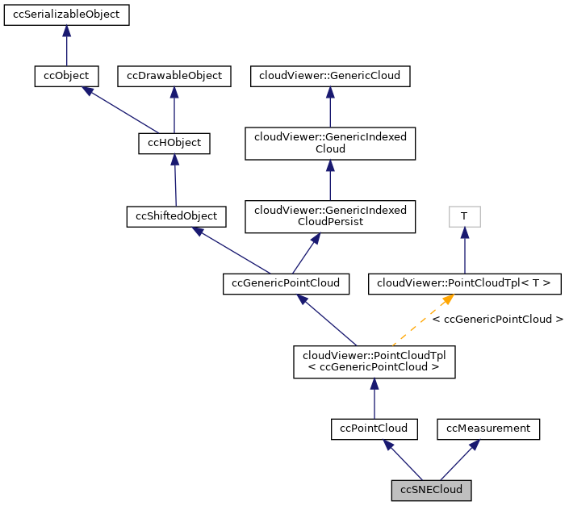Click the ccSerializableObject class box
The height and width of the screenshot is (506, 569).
66,15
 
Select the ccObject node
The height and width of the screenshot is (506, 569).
66,76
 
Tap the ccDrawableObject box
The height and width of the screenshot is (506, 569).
174,76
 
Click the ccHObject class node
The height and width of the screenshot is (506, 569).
174,144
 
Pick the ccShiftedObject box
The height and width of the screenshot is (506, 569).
177,216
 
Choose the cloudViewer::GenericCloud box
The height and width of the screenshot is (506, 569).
330,76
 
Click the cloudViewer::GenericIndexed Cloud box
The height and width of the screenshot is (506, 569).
330,143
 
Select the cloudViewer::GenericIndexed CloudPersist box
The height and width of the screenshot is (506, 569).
330,215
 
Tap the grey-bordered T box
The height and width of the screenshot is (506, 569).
464,216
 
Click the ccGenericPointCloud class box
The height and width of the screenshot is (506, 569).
286,283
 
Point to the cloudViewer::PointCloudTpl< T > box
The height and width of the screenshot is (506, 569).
464,283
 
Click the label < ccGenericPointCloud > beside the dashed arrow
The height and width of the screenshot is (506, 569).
497,320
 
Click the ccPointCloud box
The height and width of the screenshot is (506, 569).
374,429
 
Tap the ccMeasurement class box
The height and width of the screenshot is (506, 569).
488,429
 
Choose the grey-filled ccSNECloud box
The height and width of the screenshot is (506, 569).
431,490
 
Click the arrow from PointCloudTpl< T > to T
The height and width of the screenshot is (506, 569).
464,250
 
